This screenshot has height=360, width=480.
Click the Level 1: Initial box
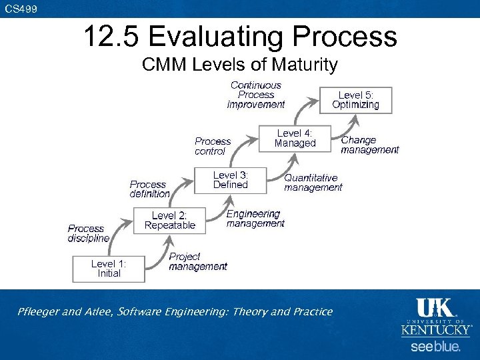pos(109,269)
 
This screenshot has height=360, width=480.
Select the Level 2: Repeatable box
pos(169,220)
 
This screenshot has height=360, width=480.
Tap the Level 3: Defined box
pos(231,180)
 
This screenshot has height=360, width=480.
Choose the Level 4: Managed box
pos(295,138)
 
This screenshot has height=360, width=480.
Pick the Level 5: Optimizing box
pos(355,100)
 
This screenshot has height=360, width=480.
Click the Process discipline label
pos(88,233)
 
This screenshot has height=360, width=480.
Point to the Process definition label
pos(149,189)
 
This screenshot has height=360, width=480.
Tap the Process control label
pos(212,146)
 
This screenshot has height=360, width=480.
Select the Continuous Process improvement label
pos(256,95)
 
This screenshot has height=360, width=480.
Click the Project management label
pos(197,261)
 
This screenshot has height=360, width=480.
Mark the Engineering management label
pos(255,219)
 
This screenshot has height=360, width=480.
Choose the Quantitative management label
pos(313,183)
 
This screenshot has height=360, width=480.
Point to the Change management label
pos(369,145)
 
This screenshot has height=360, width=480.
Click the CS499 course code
pos(21,9)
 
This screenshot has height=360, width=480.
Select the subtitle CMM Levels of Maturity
pos(240,65)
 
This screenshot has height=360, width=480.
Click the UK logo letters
pos(435,308)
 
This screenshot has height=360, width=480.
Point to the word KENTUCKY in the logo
pos(436,330)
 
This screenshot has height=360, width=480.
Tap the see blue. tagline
pos(435,347)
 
